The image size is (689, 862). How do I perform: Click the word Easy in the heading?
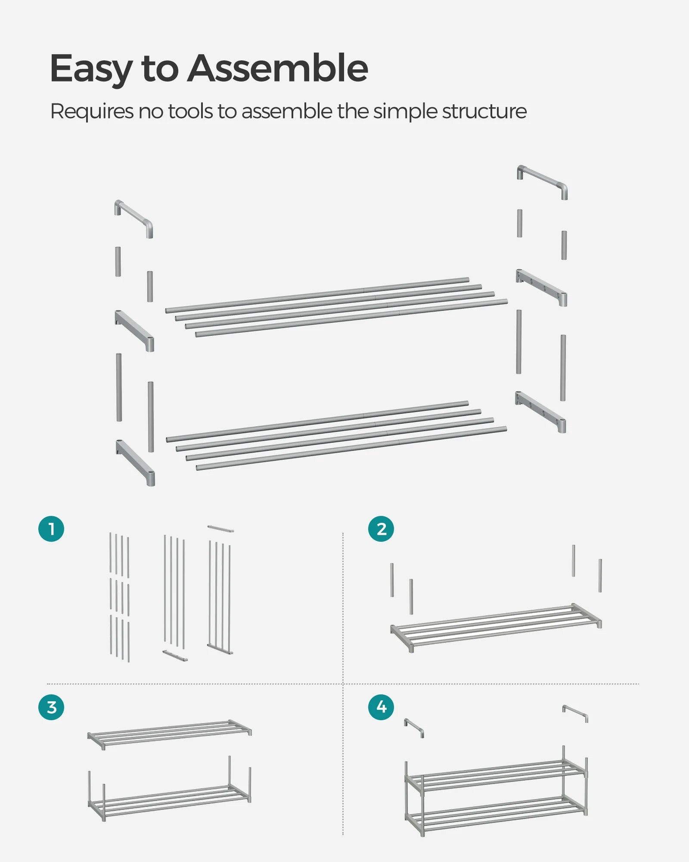(x=91, y=69)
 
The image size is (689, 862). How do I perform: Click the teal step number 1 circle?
(x=51, y=529)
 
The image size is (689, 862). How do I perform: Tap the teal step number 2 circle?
(x=381, y=529)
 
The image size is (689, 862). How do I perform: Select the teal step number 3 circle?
(x=51, y=707)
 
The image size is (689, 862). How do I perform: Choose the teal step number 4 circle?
(x=381, y=707)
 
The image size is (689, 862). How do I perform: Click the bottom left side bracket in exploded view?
(x=135, y=462)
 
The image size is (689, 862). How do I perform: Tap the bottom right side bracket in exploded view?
(x=541, y=411)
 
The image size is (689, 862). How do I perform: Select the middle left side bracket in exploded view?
(x=134, y=330)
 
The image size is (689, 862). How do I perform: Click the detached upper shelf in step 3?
(x=170, y=734)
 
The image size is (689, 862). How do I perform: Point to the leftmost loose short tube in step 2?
(x=392, y=580)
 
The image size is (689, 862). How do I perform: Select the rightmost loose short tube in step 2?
(x=600, y=575)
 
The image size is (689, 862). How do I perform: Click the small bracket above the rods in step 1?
(x=220, y=528)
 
